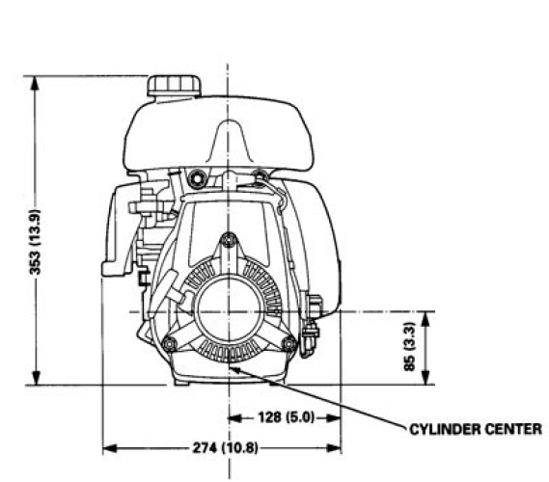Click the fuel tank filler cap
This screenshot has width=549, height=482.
tap(175, 85)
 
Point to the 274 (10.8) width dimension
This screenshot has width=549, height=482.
tap(223, 448)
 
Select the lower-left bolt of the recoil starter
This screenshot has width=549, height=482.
tap(170, 344)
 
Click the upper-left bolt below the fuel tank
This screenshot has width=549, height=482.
tap(198, 176)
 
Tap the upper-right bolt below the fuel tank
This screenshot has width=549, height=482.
tap(259, 175)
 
